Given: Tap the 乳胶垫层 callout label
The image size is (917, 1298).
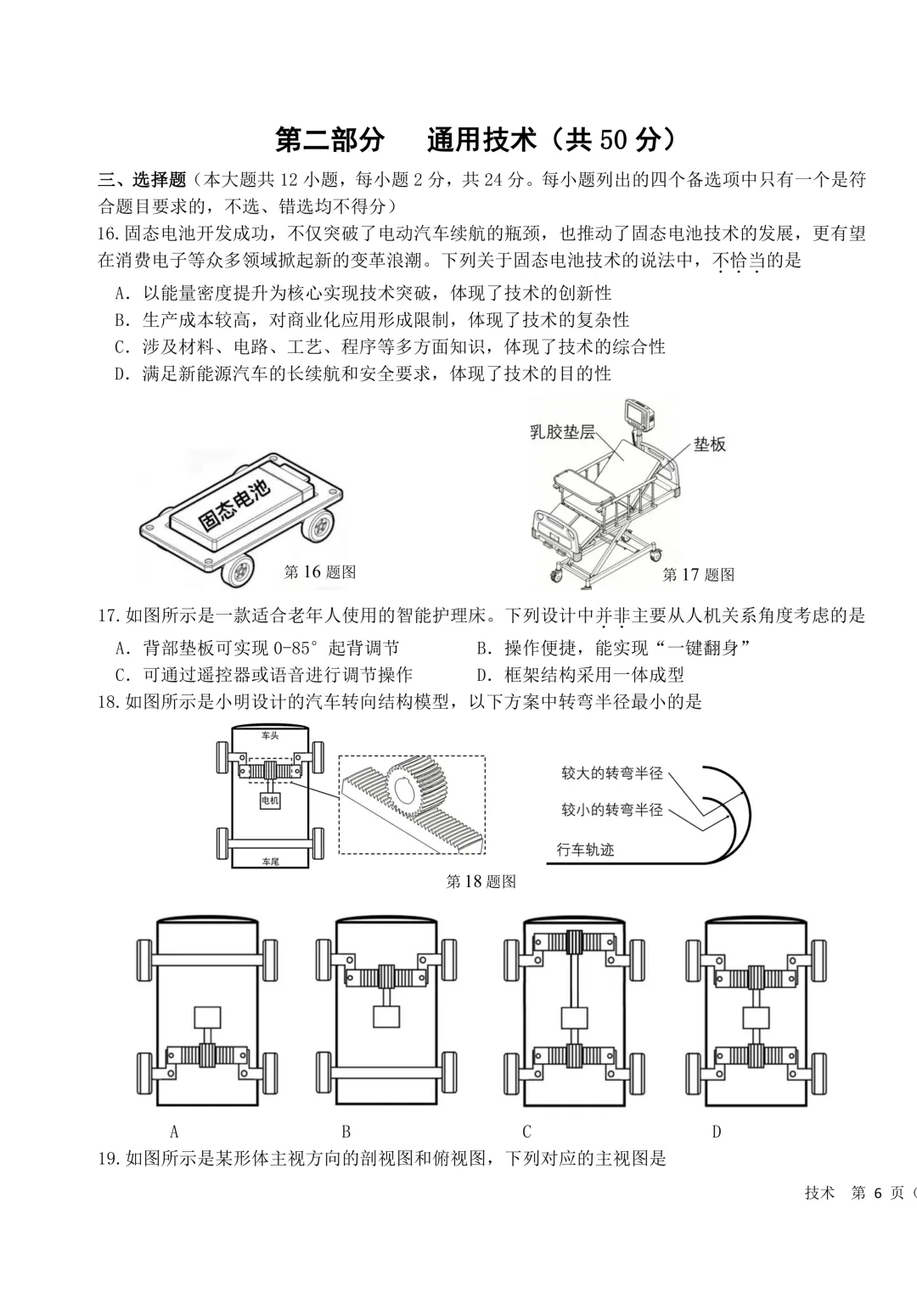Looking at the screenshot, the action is pyautogui.click(x=562, y=432).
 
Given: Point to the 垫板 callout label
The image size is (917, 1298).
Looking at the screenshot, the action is pyautogui.click(x=710, y=445).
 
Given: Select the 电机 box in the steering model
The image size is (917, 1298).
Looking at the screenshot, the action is pyautogui.click(x=269, y=801).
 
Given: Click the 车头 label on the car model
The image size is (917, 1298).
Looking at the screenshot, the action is pyautogui.click(x=270, y=736).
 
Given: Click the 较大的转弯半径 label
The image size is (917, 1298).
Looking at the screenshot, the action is pyautogui.click(x=611, y=773).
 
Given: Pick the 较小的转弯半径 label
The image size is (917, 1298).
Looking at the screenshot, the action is pyautogui.click(x=611, y=810).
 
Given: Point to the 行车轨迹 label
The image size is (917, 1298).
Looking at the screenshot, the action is pyautogui.click(x=585, y=850).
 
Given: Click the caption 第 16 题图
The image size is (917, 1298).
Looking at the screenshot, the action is pyautogui.click(x=319, y=572).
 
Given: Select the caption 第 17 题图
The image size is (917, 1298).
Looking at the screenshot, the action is pyautogui.click(x=699, y=574).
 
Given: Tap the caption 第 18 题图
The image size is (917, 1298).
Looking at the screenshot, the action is pyautogui.click(x=481, y=882).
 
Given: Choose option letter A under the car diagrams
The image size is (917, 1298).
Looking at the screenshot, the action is pyautogui.click(x=174, y=1131).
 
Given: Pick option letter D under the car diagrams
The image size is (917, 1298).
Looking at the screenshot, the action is pyautogui.click(x=717, y=1131).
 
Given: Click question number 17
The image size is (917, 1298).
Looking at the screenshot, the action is pyautogui.click(x=109, y=615).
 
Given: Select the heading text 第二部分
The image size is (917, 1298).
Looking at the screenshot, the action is pyautogui.click(x=329, y=140).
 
